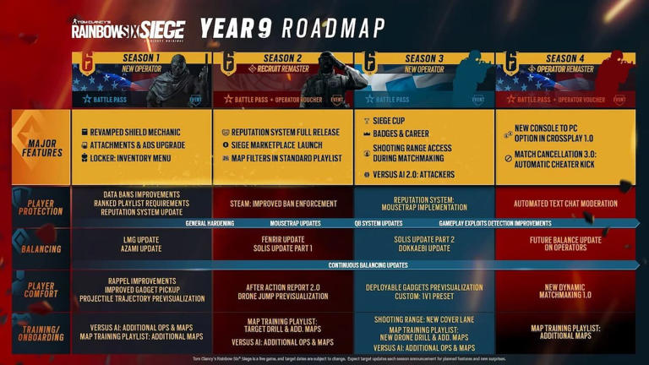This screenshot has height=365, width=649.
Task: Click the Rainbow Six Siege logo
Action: point(128,31)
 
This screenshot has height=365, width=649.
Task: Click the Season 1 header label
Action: point(142,58)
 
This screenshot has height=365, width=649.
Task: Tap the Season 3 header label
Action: point(424,58)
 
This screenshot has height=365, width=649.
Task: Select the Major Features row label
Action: point(42,148)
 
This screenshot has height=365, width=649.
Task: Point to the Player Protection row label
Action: point(41,207)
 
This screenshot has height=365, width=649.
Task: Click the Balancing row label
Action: point(41,249)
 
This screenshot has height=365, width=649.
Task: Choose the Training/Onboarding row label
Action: point(41,333)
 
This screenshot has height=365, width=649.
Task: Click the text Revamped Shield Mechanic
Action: point(135,133)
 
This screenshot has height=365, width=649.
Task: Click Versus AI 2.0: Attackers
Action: point(413,175)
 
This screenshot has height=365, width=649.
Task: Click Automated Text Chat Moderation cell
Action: point(565,204)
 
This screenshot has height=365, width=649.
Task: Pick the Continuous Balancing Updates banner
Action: point(368,265)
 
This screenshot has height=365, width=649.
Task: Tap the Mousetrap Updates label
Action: point(295,224)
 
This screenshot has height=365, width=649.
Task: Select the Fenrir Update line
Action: point(283,239)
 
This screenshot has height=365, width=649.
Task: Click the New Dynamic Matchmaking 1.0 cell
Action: point(565,291)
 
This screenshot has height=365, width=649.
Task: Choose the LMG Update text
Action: point(141,239)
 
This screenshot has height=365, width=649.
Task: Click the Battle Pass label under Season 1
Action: point(110,100)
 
